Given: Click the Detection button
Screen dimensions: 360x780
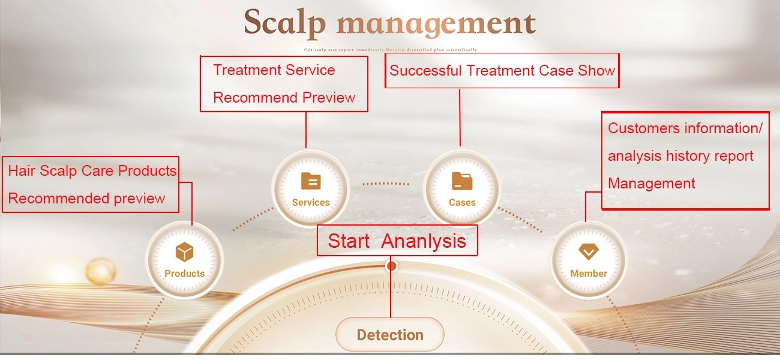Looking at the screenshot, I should [x=390, y=335].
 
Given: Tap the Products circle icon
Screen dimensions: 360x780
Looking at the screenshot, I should [x=184, y=253].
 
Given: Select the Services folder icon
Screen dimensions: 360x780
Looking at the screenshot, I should [x=310, y=181].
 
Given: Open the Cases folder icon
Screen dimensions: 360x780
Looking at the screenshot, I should [x=461, y=181].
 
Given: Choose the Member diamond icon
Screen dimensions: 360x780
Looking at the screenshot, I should [x=588, y=251].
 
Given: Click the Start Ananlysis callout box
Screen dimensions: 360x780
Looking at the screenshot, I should [x=397, y=241].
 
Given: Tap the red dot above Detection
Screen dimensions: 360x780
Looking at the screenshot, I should [x=392, y=265].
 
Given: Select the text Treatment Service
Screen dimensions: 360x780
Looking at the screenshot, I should [x=274, y=70].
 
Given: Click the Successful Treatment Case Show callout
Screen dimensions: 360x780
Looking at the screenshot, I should [x=502, y=71].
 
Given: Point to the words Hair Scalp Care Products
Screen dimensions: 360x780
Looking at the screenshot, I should [x=92, y=171].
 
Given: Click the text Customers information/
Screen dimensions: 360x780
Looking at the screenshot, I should [x=685, y=128].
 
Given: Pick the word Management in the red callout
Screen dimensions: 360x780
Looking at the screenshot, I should [x=652, y=184].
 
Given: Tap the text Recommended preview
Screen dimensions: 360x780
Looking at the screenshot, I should [x=86, y=199].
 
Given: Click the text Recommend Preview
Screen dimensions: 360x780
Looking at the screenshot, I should [x=284, y=98].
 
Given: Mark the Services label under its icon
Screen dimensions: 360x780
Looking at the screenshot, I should [x=311, y=203].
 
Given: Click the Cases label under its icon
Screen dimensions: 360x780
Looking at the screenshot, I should [x=462, y=203].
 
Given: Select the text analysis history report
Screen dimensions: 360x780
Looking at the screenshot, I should [x=680, y=156].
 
